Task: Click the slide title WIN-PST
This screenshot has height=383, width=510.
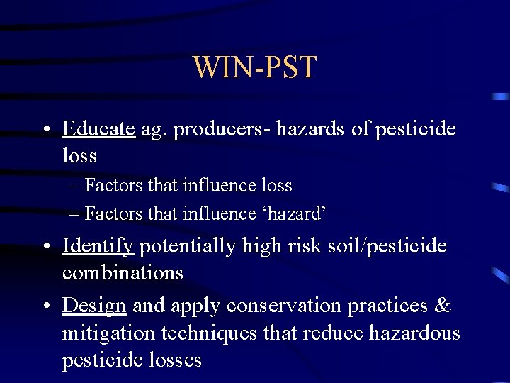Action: tap(254, 67)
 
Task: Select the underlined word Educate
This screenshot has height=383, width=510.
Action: tap(98, 129)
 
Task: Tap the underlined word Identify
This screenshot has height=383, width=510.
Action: tap(98, 246)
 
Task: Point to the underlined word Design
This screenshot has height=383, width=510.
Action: tap(94, 305)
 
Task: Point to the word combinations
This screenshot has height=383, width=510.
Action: tap(123, 272)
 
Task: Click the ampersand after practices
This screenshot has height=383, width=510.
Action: tap(441, 305)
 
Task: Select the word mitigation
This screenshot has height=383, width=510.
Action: tap(103, 332)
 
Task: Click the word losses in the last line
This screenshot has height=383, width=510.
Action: tap(174, 359)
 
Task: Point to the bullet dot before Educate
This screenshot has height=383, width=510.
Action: tap(46, 130)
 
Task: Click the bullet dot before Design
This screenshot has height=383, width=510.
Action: tap(46, 306)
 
